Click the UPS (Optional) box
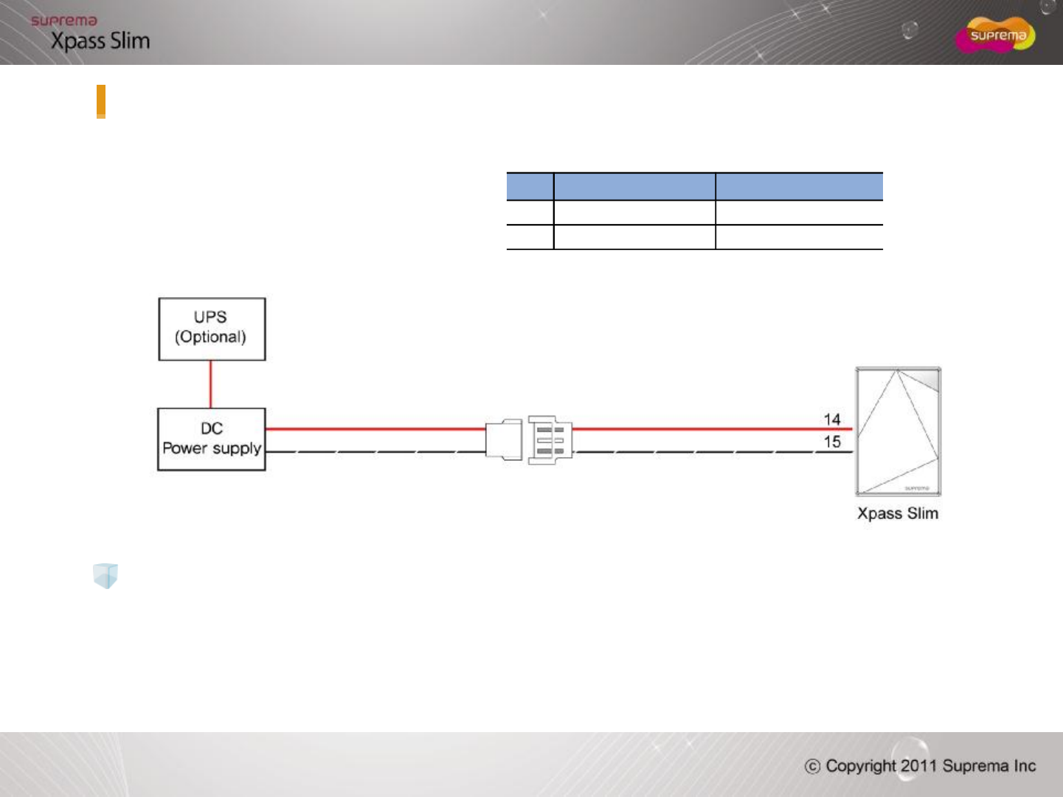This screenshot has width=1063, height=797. point(212,329)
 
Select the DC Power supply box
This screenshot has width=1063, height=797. point(212,439)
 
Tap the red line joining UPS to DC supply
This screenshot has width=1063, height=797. point(211,384)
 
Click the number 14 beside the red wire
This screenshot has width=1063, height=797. point(832,420)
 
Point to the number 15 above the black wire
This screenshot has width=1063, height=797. point(832,442)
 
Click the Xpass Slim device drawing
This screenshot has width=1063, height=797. point(898,431)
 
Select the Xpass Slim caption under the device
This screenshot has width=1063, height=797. point(898,514)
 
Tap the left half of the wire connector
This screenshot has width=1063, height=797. point(504,440)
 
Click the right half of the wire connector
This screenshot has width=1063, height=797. point(550,440)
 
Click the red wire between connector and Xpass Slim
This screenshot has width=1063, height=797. point(708,428)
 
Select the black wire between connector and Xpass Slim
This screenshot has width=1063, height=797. point(708,451)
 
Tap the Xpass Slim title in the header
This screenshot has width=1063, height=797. point(100,41)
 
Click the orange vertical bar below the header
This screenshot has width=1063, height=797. point(101,102)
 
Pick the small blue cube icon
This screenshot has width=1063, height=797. point(105,576)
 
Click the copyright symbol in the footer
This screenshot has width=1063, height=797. point(812,767)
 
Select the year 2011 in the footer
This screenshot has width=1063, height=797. point(918,766)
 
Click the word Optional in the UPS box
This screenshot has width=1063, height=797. point(210,337)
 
